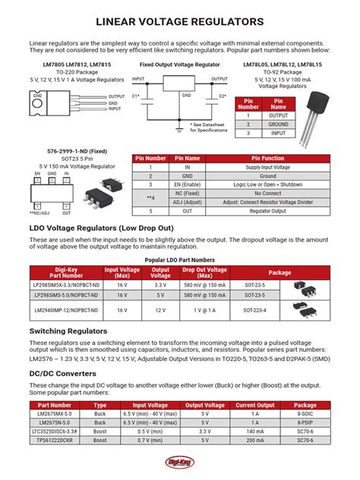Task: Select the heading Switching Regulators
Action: pos(69,331)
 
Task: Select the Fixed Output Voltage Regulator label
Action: pos(179,66)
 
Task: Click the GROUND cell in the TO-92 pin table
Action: pos(278,124)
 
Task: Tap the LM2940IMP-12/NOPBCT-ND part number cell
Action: pos(66,310)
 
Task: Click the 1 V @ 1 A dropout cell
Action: pos(204,310)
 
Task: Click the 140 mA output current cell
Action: pos(255,431)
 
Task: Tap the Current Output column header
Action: pos(255,406)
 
